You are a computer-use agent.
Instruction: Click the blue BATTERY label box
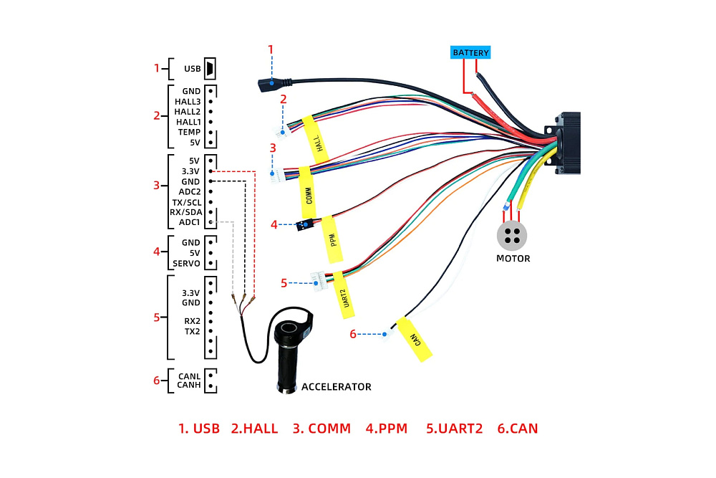(470, 52)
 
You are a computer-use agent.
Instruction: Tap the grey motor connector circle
(512, 235)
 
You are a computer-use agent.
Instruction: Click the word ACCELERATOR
(336, 387)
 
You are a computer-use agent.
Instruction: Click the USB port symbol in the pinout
(211, 69)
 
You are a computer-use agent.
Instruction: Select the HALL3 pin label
(188, 102)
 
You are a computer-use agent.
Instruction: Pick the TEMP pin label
(189, 133)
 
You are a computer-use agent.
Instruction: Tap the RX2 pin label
(192, 321)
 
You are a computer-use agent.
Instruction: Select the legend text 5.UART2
(454, 429)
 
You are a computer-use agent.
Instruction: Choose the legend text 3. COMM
(321, 429)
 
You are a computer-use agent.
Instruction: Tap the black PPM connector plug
(305, 225)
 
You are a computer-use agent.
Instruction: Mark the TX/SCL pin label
(186, 202)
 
